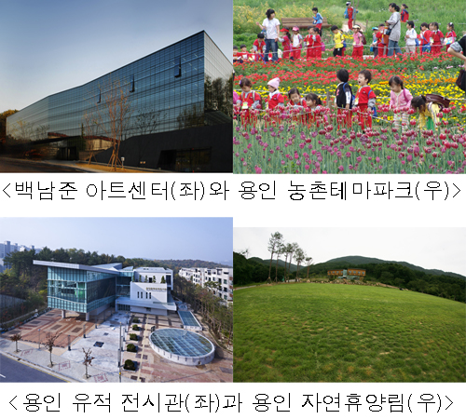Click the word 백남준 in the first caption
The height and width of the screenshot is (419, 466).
pyautogui.click(x=46, y=190)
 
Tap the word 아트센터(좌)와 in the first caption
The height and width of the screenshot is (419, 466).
pyautogui.click(x=157, y=190)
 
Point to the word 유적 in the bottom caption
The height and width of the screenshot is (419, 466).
pyautogui.click(x=91, y=402)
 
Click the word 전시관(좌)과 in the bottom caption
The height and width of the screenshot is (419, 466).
pyautogui.click(x=182, y=402)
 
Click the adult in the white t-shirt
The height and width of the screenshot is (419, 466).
pyautogui.click(x=271, y=34)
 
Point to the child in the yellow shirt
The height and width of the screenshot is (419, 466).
pyautogui.click(x=338, y=40)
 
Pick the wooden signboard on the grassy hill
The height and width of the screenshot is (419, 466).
pyautogui.click(x=347, y=273)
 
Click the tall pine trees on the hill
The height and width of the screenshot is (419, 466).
pyautogui.click(x=287, y=256)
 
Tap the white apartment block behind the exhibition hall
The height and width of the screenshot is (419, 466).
pyautogui.click(x=206, y=281)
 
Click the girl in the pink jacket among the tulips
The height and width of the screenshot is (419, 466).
pyautogui.click(x=400, y=100)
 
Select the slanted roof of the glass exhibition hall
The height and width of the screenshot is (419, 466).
pyautogui.click(x=78, y=266)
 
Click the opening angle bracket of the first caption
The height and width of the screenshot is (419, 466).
pyautogui.click(x=7, y=191)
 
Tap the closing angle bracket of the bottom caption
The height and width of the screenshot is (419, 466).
pyautogui.click(x=449, y=402)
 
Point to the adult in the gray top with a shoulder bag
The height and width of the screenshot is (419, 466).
pyautogui.click(x=393, y=30)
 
